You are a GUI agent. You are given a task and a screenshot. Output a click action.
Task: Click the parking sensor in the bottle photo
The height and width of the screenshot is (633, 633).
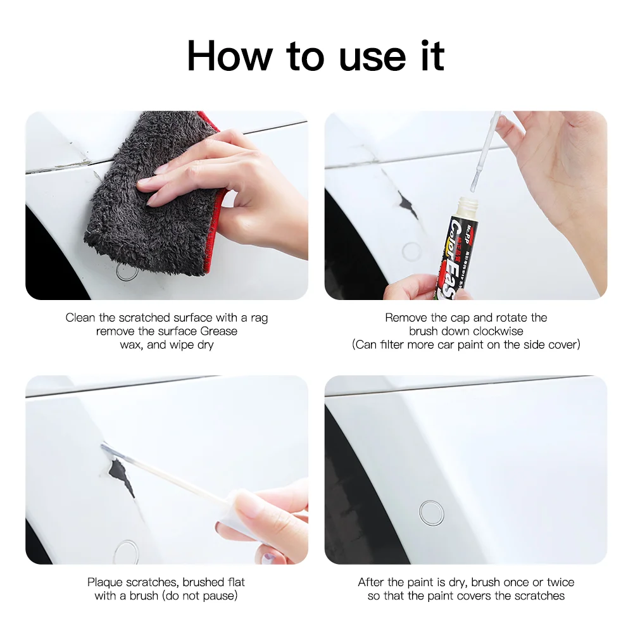point(411,251)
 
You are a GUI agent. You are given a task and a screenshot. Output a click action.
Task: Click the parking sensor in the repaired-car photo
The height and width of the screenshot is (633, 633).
point(431,512)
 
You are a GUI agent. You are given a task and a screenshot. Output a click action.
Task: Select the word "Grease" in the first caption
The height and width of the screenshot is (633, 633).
point(219,331)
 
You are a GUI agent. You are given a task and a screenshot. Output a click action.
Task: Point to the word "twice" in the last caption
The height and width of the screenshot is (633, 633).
point(561,582)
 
